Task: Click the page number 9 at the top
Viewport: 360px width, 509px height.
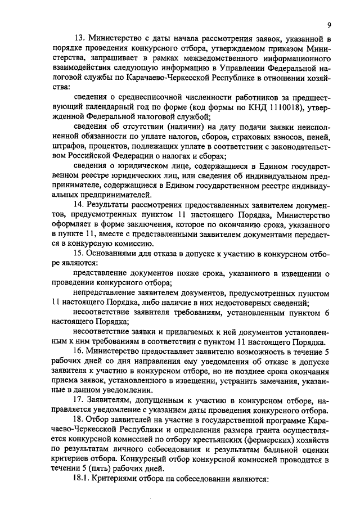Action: click(x=327, y=25)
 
